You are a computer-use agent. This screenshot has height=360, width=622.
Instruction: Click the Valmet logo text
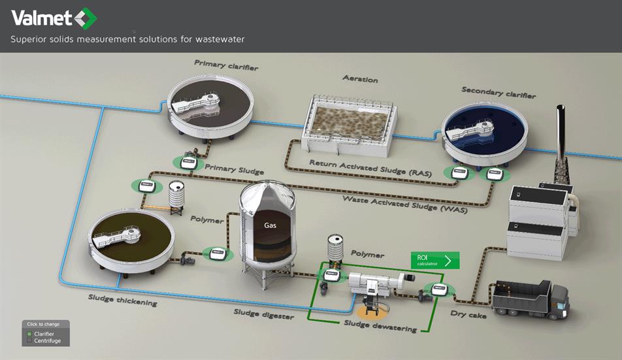click(41, 18)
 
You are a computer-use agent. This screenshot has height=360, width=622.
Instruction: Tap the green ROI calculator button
click(435, 261)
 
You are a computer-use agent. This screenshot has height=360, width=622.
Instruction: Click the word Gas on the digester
click(270, 225)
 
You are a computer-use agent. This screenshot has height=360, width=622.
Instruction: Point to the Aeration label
click(360, 79)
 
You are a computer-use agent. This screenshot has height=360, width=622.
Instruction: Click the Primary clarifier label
click(226, 65)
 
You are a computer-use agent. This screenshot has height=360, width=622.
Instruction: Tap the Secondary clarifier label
click(499, 92)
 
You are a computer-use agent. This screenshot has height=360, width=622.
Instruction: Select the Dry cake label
click(468, 314)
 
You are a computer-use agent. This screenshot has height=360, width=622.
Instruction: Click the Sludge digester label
click(264, 314)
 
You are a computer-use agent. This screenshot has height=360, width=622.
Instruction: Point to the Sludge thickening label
click(123, 300)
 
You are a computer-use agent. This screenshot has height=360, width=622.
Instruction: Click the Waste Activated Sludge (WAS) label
click(405, 205)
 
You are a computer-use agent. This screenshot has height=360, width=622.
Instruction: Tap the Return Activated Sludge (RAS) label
click(370, 168)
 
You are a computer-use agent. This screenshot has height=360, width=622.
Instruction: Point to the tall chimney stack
click(561, 144)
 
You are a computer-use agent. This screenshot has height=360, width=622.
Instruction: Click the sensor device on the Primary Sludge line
click(188, 162)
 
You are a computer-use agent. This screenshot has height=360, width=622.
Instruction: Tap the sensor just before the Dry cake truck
click(439, 289)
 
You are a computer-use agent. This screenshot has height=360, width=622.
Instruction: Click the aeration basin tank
click(350, 125)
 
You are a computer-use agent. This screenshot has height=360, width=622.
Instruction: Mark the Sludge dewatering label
click(380, 326)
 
